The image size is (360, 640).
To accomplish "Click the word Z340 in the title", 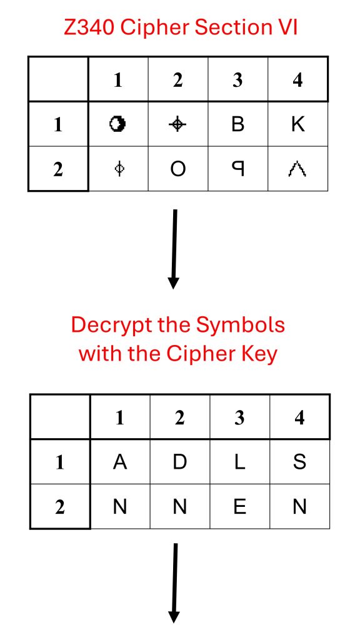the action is (x=88, y=27).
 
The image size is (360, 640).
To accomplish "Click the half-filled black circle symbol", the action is (x=117, y=124).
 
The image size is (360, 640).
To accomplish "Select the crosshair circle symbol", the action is (x=177, y=124).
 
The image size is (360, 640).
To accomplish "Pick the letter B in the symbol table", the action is (x=238, y=124).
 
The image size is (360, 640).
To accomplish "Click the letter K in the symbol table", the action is (x=298, y=124).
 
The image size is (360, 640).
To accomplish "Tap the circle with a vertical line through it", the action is (x=119, y=169).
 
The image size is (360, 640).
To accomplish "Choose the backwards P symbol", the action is (x=238, y=169).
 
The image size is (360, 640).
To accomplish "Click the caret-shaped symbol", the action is (x=297, y=169).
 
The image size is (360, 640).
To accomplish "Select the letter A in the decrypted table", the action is (x=119, y=462).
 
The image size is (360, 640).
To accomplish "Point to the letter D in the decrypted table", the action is (x=179, y=462).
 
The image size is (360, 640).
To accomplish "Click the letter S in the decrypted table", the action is (x=299, y=462).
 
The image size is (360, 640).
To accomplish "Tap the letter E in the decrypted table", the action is (x=239, y=506).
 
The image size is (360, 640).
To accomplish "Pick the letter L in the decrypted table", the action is (x=239, y=462).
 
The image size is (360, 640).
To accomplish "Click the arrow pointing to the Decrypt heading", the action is (x=174, y=249).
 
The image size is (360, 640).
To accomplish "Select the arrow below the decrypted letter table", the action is (x=174, y=583).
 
